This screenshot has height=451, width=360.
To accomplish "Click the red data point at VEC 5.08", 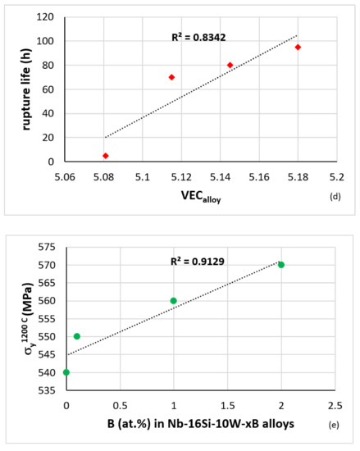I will (x=105, y=156).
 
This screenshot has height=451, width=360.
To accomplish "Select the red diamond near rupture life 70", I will (x=171, y=77).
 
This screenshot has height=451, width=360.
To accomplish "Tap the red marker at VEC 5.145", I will (x=230, y=65).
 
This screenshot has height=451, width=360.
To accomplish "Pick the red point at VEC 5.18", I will (x=298, y=47).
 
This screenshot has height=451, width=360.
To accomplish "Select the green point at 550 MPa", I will (x=77, y=336).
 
